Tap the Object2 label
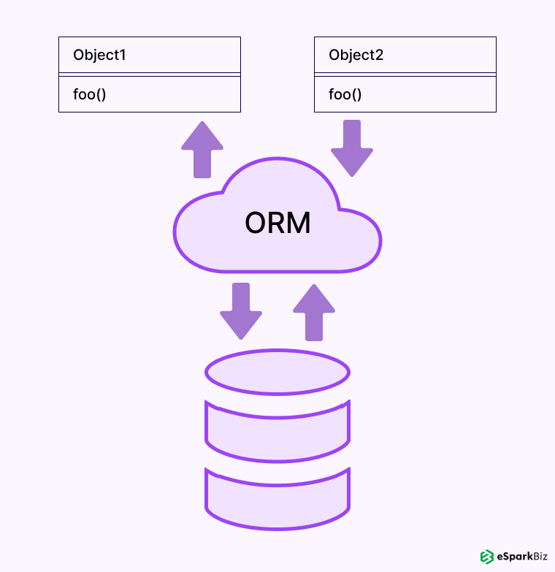pos(356,55)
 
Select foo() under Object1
pos(90,94)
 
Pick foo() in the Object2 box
pos(345,94)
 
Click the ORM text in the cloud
pos(277,223)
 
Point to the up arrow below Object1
pos(202,149)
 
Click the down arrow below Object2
pos(352,148)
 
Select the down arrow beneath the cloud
pos(241,310)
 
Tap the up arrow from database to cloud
pos(314,312)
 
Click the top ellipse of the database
pos(277,372)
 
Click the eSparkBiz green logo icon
pos(486,557)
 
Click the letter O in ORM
pos(256,223)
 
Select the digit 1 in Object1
pos(124,55)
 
